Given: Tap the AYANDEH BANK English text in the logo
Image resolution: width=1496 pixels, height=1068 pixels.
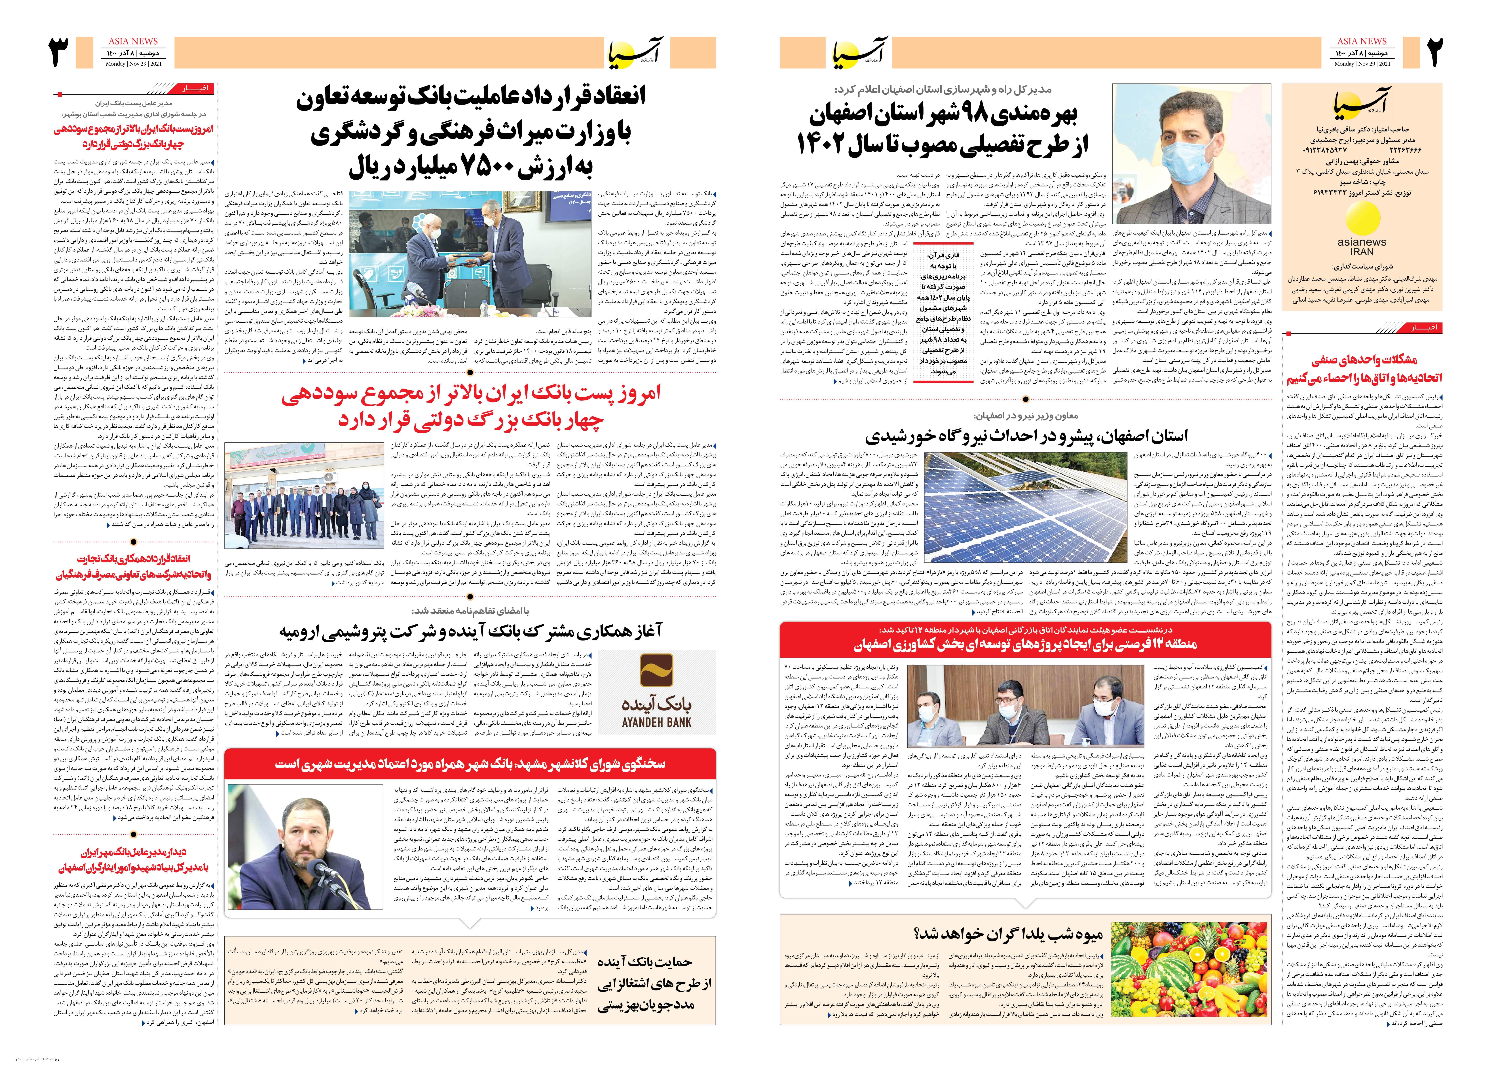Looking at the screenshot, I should (x=657, y=721).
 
